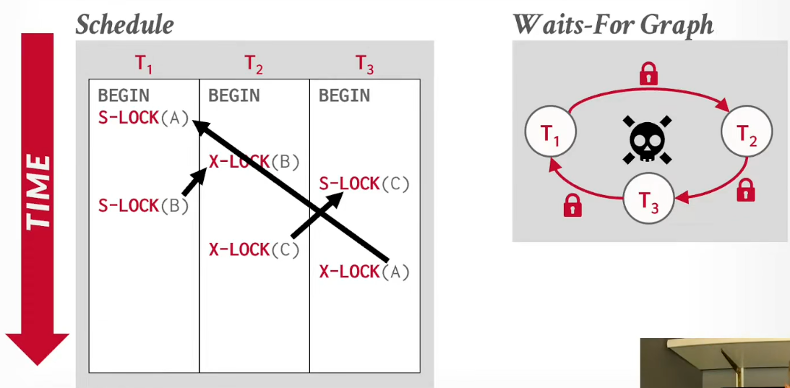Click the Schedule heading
click(x=124, y=24)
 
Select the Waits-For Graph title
click(x=613, y=24)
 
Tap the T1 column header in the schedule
click(x=144, y=64)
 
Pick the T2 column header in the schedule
click(x=254, y=64)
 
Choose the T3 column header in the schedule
click(x=365, y=64)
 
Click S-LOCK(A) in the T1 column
click(x=144, y=118)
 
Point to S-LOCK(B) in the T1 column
click(x=144, y=206)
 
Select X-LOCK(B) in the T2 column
click(x=254, y=162)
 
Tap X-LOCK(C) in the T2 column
click(x=254, y=249)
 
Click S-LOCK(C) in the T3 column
click(x=365, y=184)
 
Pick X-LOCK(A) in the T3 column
click(x=365, y=272)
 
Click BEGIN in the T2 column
click(x=234, y=96)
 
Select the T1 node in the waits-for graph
click(x=550, y=131)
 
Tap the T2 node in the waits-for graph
click(x=747, y=131)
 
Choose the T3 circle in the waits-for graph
click(x=648, y=199)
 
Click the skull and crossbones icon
click(x=648, y=139)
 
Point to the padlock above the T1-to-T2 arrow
click(x=648, y=74)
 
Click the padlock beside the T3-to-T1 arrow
click(x=572, y=206)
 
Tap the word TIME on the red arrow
click(x=38, y=192)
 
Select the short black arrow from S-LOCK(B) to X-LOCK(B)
click(x=194, y=182)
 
